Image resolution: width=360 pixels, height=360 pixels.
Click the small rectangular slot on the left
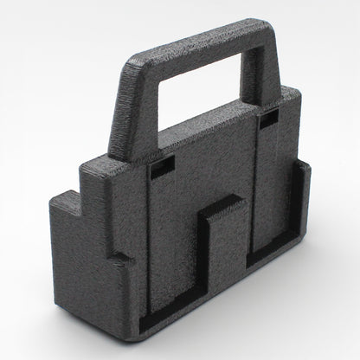pos(162,170)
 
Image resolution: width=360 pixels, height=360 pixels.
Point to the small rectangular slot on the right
pos(269,119)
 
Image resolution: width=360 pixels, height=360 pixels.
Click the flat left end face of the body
pos(82,260)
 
